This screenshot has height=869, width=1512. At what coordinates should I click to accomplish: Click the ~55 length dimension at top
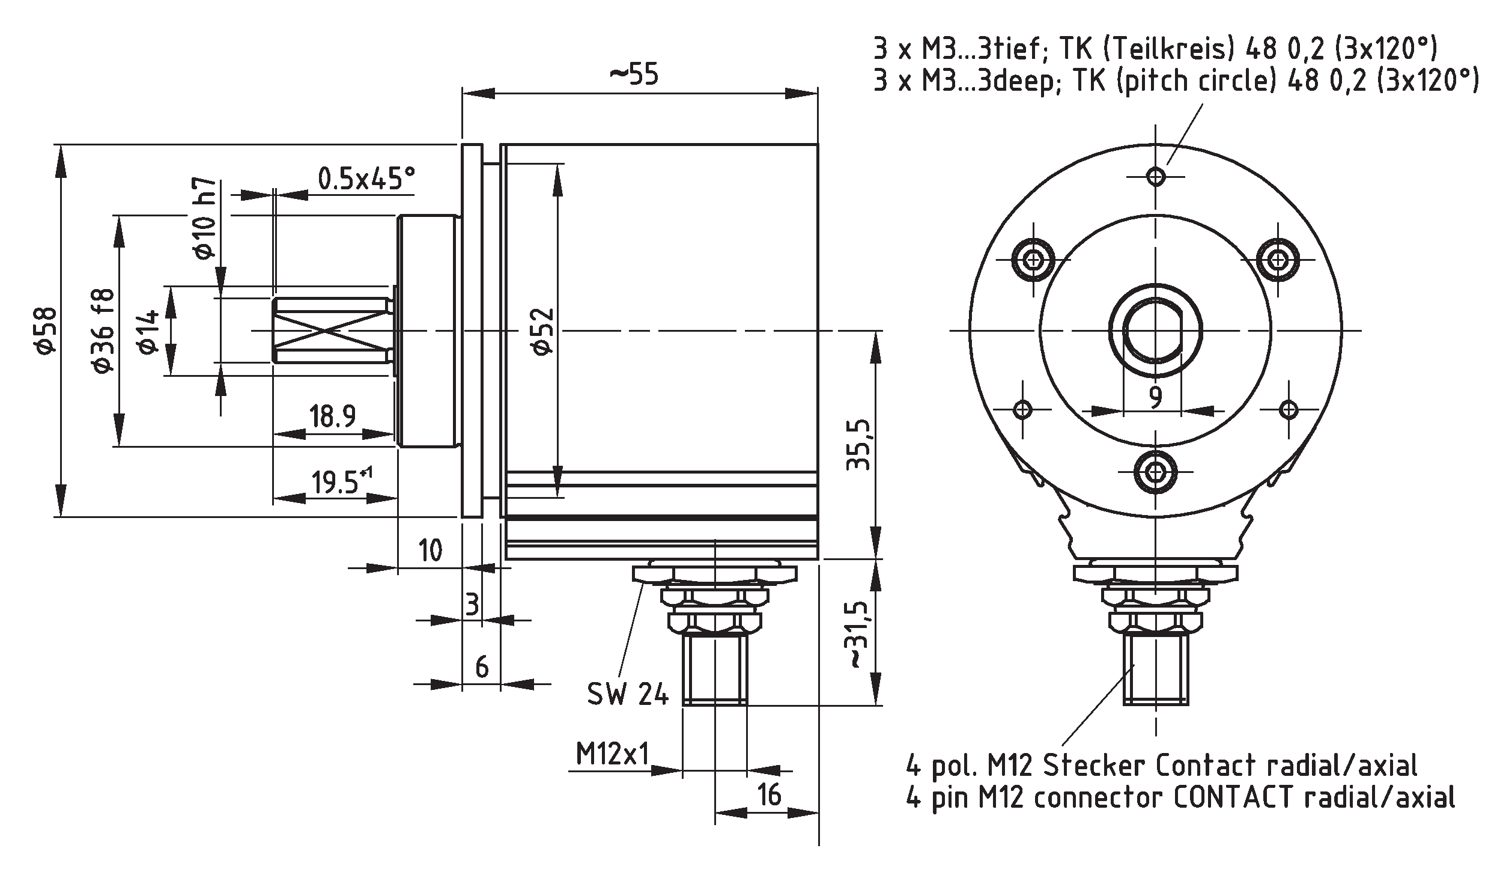[634, 75]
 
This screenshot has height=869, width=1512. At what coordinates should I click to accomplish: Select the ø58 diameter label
[47, 331]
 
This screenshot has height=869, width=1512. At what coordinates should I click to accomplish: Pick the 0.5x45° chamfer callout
[366, 178]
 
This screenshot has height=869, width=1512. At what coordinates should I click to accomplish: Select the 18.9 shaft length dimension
[333, 416]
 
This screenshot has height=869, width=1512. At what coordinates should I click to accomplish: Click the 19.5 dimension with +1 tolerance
[340, 481]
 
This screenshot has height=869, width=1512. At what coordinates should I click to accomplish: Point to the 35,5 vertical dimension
[858, 445]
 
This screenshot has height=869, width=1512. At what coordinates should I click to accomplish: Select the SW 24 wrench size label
[627, 695]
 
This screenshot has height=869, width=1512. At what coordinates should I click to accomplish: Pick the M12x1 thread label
[613, 754]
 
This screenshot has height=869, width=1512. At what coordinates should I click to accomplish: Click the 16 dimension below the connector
[770, 794]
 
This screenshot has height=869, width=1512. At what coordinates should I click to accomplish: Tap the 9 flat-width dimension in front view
[1154, 397]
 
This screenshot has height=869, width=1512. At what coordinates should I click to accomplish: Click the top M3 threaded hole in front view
[1155, 177]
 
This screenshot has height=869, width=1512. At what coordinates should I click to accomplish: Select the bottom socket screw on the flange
[1155, 472]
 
